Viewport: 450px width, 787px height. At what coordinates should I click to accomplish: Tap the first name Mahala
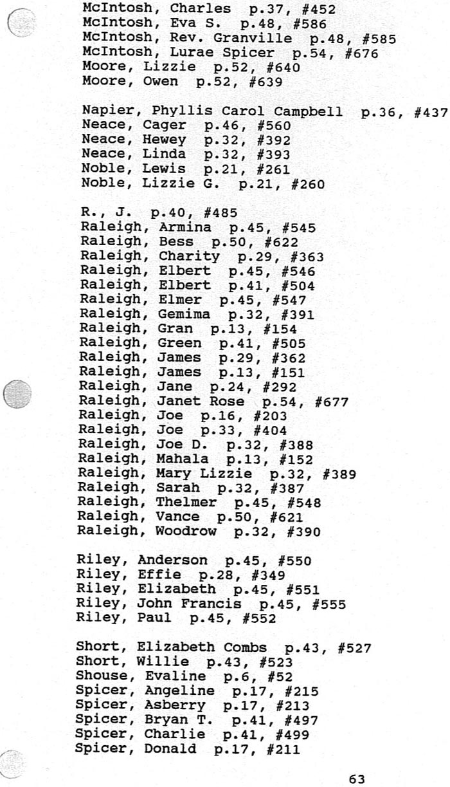click(x=183, y=459)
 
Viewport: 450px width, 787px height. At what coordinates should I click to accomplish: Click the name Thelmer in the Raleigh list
click(x=186, y=503)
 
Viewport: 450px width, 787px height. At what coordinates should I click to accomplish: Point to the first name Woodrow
click(x=186, y=532)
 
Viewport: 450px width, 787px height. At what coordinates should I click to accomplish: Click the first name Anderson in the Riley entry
click(x=172, y=560)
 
